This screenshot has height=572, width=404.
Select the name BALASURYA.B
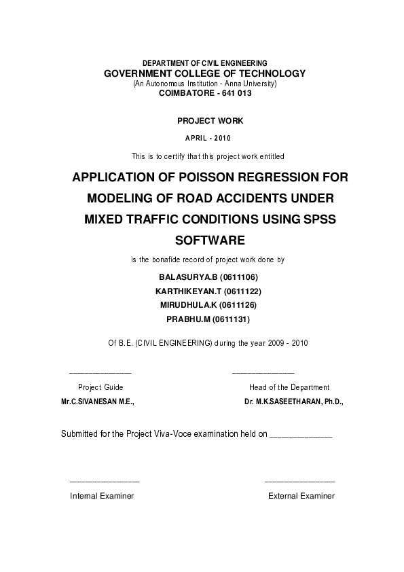pyautogui.click(x=187, y=277)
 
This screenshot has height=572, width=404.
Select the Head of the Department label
pyautogui.click(x=289, y=387)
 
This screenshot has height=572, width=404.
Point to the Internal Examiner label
pyautogui.click(x=102, y=496)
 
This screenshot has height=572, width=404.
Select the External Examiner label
pyautogui.click(x=301, y=496)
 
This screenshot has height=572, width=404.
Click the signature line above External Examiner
pyautogui.click(x=299, y=481)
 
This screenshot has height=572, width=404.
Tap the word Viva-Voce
pyautogui.click(x=175, y=433)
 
